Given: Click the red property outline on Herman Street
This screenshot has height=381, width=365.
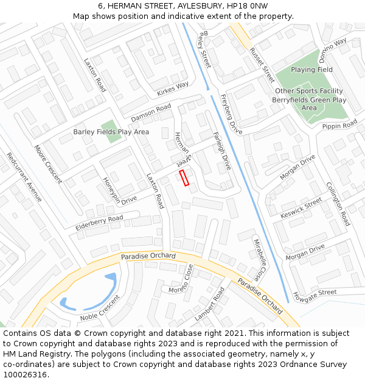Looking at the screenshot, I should click(x=184, y=177).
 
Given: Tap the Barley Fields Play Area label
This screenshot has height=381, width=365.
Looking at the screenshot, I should click(x=111, y=132).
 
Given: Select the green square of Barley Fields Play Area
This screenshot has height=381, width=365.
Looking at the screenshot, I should click(x=112, y=131).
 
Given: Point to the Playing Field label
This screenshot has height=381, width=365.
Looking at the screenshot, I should click(x=311, y=70).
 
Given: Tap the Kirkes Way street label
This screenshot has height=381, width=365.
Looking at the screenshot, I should click(x=173, y=89).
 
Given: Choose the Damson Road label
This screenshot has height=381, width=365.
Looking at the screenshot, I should click(x=151, y=112).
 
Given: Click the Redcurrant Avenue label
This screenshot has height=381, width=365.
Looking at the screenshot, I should click(x=24, y=177).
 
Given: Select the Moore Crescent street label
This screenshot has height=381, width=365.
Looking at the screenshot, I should click(x=48, y=163).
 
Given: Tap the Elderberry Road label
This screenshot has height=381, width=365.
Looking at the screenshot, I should click(x=99, y=223).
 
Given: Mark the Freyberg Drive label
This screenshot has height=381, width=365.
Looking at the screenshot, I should click(x=231, y=114).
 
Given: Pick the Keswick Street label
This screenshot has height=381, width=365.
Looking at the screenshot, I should click(x=301, y=208).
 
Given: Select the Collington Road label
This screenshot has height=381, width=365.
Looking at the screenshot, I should click(x=338, y=204).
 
